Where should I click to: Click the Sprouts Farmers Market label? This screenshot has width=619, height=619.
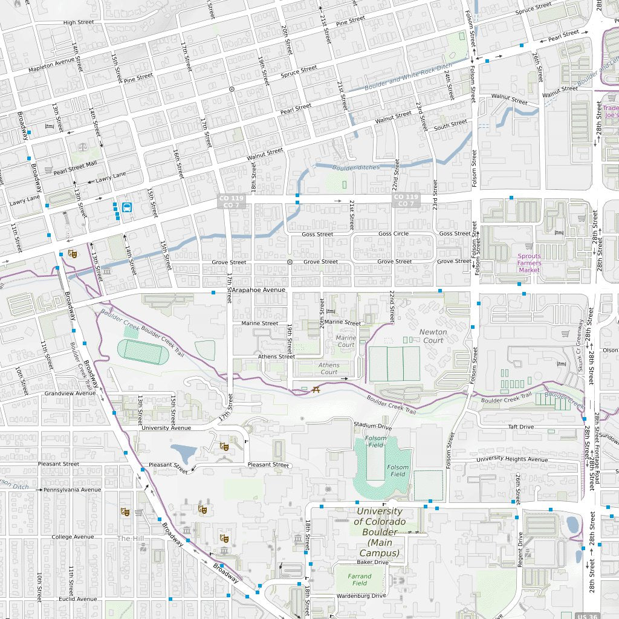point(529,263)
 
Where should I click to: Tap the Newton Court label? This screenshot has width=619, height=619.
point(433,336)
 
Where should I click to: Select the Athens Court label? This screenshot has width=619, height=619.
point(329,368)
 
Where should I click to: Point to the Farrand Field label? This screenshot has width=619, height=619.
point(360,580)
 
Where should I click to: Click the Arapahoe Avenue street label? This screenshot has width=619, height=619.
point(258,290)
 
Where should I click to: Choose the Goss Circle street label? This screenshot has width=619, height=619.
point(393,234)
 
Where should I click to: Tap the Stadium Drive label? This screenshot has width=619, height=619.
point(372,426)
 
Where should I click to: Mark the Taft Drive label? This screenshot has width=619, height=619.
point(520,427)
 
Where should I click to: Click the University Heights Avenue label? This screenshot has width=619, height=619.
point(511,459)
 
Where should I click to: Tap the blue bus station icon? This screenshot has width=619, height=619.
point(127,207)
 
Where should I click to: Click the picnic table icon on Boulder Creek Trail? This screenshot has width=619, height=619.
point(316,389)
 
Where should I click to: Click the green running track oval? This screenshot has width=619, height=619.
point(143,352)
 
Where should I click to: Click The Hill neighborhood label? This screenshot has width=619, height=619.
point(131,538)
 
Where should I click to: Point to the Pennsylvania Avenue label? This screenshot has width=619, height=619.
point(72,490)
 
